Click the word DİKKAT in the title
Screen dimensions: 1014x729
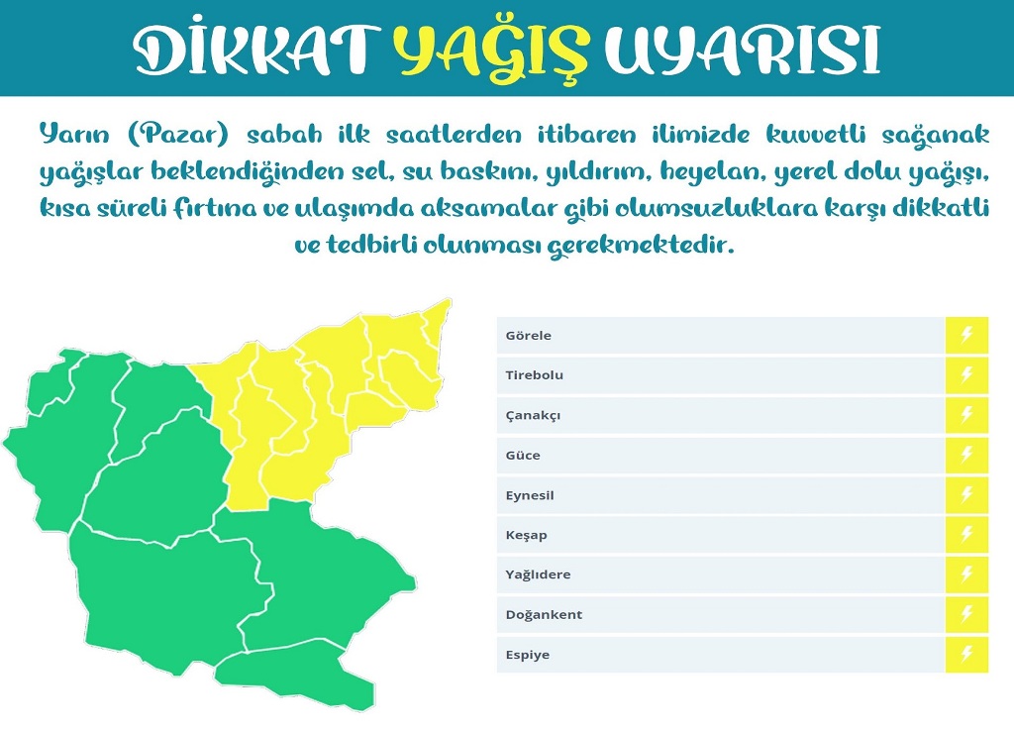[256, 51]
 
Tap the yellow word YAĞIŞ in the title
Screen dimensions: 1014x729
[492, 51]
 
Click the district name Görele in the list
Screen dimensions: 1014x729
[529, 335]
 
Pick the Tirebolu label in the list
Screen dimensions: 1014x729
[534, 375]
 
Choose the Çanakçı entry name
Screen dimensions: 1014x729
[533, 415]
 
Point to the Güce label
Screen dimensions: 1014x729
[523, 455]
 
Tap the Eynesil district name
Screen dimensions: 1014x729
[530, 495]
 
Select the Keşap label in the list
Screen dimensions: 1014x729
[527, 535]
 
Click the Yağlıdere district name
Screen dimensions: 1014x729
[538, 574]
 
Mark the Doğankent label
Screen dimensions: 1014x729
[544, 614]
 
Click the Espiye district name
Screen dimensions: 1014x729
[528, 655]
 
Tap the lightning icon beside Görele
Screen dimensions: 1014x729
[966, 335]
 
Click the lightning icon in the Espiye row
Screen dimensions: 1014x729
[966, 654]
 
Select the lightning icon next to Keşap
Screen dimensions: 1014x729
[966, 534]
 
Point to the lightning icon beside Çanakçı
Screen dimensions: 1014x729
[966, 415]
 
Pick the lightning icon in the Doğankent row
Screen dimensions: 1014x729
[966, 614]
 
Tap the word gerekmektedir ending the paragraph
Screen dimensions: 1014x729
[642, 246]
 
